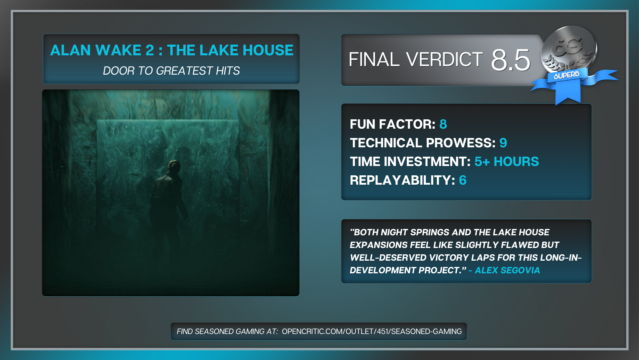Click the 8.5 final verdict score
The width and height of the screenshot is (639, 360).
click(x=510, y=60)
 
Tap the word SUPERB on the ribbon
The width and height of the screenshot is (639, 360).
click(x=566, y=75)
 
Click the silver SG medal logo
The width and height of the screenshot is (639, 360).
click(x=569, y=48)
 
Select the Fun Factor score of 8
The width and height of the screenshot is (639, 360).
click(x=443, y=124)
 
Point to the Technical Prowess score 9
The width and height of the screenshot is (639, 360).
click(x=503, y=143)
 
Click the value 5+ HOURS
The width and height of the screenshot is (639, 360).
click(x=507, y=162)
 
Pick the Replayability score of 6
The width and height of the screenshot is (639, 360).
click(x=463, y=180)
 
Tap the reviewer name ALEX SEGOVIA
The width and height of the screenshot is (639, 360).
click(x=507, y=270)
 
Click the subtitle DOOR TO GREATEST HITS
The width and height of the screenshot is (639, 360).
click(x=171, y=71)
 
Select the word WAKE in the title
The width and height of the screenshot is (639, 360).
click(x=118, y=50)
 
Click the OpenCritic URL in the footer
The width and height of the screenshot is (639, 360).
click(x=372, y=331)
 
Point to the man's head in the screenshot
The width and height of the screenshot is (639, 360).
click(x=174, y=165)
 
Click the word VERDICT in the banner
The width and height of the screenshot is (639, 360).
click(x=444, y=60)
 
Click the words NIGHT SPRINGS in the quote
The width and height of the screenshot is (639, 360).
click(x=415, y=232)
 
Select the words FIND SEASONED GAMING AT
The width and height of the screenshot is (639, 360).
click(x=227, y=331)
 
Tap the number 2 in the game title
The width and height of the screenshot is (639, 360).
click(x=150, y=50)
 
